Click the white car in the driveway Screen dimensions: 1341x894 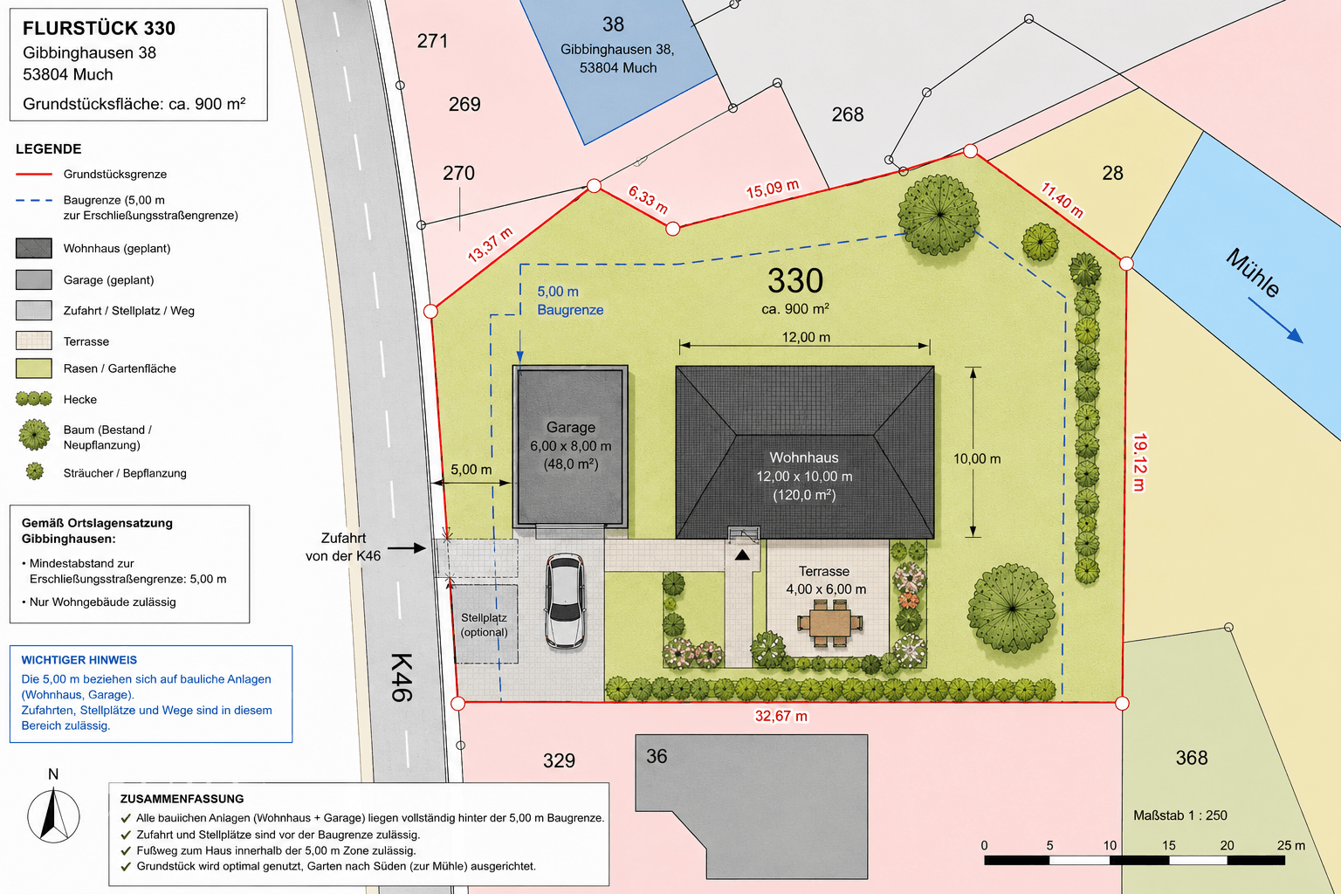(x=565, y=602)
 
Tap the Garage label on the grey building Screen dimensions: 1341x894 (x=570, y=427)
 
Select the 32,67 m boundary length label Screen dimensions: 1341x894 (x=781, y=716)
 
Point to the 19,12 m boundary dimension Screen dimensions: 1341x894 (x=1138, y=462)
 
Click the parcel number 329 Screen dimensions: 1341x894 (x=559, y=760)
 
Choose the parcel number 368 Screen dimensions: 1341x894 (x=1192, y=758)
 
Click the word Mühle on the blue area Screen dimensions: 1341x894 (x=1253, y=272)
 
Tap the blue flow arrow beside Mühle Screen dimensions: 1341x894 (x=1275, y=320)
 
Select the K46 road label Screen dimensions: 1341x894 (x=401, y=677)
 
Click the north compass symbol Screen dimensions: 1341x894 (x=53, y=815)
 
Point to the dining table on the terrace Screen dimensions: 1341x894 (x=829, y=623)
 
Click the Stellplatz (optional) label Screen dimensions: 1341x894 (x=484, y=624)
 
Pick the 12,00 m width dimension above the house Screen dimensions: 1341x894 (x=805, y=337)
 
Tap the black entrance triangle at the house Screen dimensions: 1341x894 (x=742, y=555)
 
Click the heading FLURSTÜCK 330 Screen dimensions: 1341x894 (x=99, y=28)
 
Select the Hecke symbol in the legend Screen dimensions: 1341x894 (x=33, y=399)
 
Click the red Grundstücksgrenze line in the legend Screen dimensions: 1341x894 (x=33, y=175)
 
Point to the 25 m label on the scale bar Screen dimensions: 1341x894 (x=1290, y=845)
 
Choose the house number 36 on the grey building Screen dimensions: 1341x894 (x=657, y=756)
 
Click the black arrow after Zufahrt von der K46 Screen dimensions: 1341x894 (x=407, y=547)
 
